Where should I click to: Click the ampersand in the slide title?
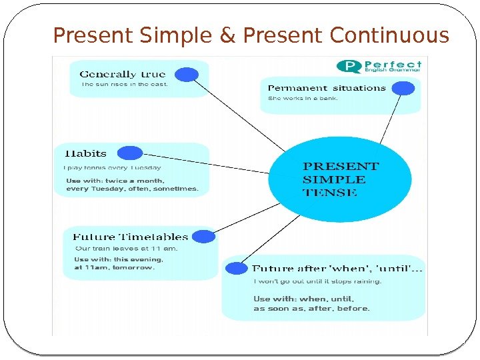228,35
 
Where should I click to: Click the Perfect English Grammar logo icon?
349,66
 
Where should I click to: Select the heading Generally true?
123,74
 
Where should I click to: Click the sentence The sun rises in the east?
124,85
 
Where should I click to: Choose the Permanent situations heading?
327,88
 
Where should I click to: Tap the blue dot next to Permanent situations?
403,88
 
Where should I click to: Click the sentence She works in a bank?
303,99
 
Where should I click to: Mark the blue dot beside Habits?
130,153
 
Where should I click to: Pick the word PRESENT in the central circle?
341,166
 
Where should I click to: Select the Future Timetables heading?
130,237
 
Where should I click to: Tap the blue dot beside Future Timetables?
203,236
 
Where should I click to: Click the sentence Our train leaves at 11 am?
117,249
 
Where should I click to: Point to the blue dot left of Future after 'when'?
237,268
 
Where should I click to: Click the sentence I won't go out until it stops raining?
317,281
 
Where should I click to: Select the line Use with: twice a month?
115,180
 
